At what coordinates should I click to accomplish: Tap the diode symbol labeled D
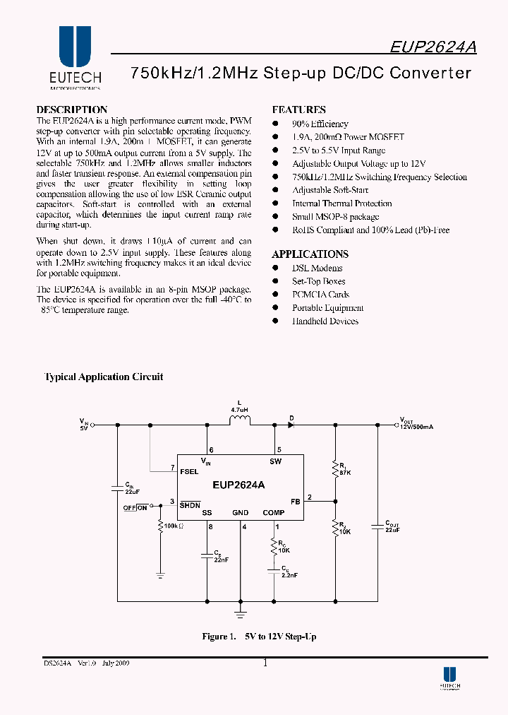click(x=291, y=425)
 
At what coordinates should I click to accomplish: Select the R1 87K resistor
click(x=335, y=468)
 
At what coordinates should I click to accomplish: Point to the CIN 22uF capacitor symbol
click(x=116, y=487)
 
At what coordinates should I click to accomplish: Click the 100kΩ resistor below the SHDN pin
click(x=160, y=526)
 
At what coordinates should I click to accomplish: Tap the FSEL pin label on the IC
click(x=189, y=471)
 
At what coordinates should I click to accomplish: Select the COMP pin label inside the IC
click(x=273, y=513)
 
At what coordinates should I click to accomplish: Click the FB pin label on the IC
click(x=295, y=501)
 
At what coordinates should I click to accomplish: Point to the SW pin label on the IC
click(x=275, y=462)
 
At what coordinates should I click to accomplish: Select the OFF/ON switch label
click(x=135, y=507)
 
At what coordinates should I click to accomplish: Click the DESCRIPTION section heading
click(x=71, y=110)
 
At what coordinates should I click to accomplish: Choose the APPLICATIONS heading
click(x=310, y=254)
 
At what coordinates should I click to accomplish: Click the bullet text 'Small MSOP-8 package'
click(x=335, y=217)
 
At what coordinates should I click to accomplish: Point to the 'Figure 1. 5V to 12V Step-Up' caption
click(x=259, y=637)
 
